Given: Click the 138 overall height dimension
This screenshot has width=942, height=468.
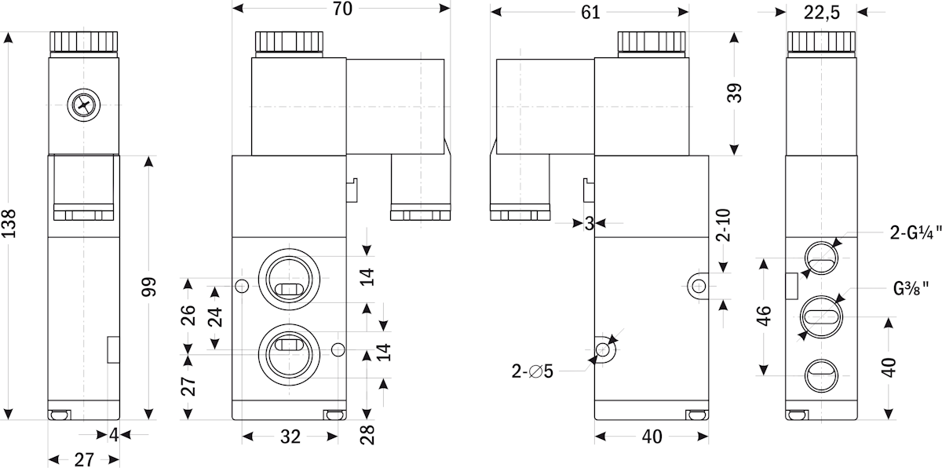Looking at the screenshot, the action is point(9,224).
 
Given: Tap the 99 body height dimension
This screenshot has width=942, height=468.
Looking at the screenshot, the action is point(148,287).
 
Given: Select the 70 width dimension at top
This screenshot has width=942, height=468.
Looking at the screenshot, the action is point(342,9).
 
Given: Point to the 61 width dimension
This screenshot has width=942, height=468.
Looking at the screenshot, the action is point(590,13).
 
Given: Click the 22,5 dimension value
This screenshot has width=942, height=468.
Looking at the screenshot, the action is point(822,13).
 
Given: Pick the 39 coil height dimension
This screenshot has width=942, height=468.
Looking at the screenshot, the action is point(734,93).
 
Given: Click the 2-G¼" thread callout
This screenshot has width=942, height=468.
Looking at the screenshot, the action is point(915,232).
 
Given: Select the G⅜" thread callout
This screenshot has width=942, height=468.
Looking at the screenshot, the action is point(911,289).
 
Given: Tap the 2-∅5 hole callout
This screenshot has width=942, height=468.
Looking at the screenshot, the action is point(532,371).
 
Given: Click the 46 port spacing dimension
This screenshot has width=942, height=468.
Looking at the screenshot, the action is point(764,316).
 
